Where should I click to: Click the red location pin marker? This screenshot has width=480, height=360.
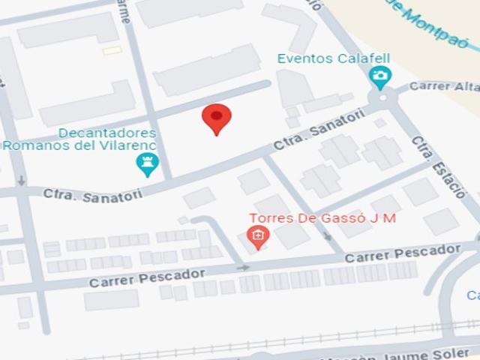[217, 118]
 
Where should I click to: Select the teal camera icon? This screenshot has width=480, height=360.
[380, 76]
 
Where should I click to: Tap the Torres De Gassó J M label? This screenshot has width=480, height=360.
[322, 218]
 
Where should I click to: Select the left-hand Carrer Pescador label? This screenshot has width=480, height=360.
[147, 277]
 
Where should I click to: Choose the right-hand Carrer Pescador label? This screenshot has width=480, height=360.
[402, 253]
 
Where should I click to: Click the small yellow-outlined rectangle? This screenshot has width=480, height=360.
[112, 50]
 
